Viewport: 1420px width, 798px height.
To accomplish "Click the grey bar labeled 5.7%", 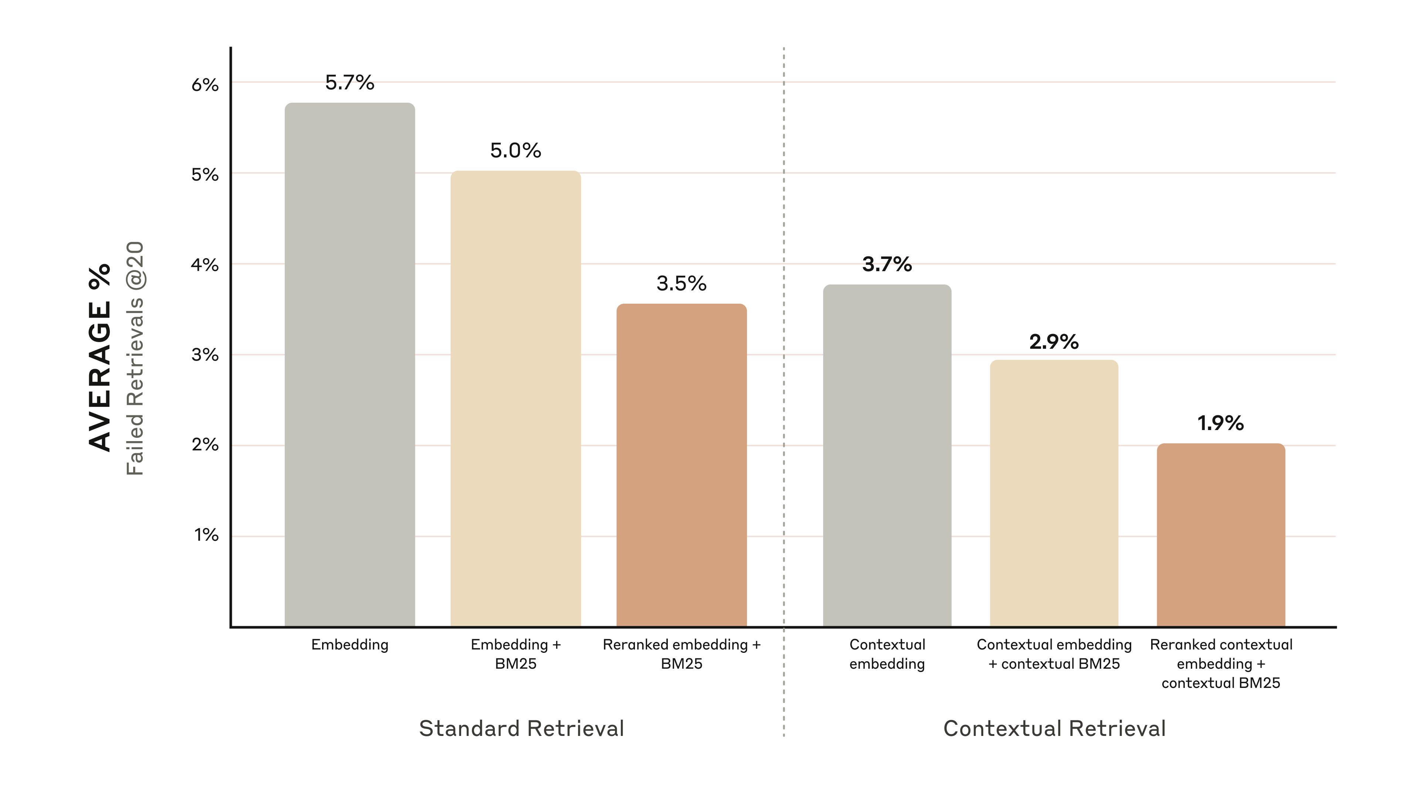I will click(349, 364).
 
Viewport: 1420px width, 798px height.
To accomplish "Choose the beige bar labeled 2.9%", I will click(1054, 492).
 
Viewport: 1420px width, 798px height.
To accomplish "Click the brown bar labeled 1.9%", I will click(1220, 534).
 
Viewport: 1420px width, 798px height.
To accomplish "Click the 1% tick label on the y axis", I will click(206, 535).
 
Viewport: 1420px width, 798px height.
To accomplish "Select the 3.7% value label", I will click(887, 265).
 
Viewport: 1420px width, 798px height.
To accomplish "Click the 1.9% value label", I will click(1220, 423).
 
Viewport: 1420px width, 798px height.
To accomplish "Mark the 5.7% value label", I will click(349, 83).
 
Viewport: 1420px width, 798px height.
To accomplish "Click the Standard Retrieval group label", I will click(521, 728).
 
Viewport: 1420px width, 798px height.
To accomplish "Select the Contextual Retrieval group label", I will click(1054, 728).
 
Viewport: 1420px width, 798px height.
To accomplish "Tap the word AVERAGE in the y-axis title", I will click(100, 376).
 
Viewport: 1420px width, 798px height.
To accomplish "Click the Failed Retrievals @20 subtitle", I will click(135, 358).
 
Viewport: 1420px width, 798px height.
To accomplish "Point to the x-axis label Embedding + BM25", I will click(515, 654).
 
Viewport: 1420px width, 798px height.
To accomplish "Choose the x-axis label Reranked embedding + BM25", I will click(681, 654).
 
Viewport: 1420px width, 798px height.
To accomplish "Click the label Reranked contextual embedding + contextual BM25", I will click(1220, 663).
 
